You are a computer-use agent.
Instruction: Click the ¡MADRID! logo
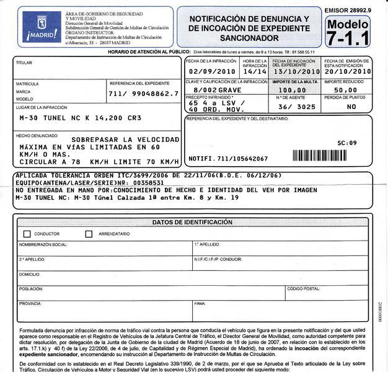click(x=42, y=28)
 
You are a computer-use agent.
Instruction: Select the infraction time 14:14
click(x=254, y=71)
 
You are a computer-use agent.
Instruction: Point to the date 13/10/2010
click(x=294, y=71)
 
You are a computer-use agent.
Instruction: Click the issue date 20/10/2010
click(x=347, y=71)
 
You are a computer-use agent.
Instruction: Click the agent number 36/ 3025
click(x=297, y=107)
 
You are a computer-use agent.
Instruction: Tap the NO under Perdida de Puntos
click(x=351, y=107)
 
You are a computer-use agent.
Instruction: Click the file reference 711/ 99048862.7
click(x=143, y=94)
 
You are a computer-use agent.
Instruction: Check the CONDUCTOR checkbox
click(x=27, y=234)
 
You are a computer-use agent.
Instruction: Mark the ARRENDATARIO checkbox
click(x=89, y=234)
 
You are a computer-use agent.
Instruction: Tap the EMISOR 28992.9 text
click(x=348, y=11)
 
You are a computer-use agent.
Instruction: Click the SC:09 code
click(x=347, y=143)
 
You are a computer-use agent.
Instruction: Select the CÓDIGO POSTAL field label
click(x=303, y=289)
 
